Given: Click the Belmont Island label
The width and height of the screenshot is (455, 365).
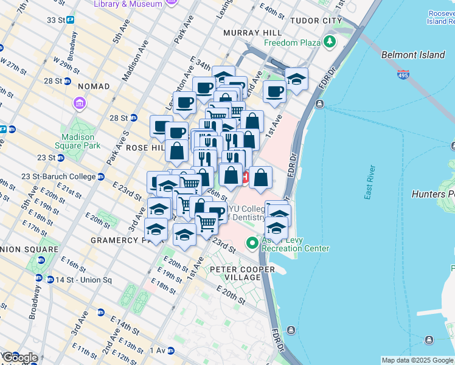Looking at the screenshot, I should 413,55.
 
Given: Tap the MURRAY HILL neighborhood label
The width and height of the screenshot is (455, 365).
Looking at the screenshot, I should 252,32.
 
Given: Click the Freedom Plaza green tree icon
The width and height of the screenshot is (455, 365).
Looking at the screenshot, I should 330,42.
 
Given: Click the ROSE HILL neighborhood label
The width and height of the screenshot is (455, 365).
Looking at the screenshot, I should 129,148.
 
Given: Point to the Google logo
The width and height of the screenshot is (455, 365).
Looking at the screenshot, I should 19,358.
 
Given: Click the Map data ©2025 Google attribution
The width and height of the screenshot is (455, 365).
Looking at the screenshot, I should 417,360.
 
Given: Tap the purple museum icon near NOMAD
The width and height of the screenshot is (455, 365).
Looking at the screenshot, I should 80,103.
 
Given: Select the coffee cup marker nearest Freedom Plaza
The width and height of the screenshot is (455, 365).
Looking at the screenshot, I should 274,92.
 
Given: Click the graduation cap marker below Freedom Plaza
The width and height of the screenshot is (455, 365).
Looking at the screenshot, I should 296,79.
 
